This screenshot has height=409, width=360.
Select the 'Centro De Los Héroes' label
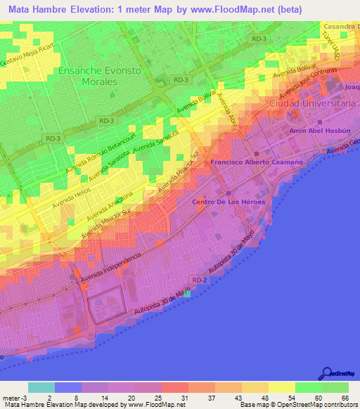226,202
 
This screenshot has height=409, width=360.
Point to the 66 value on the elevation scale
345,398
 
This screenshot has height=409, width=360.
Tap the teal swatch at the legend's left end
41,387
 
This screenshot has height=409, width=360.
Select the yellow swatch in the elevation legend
282,387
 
